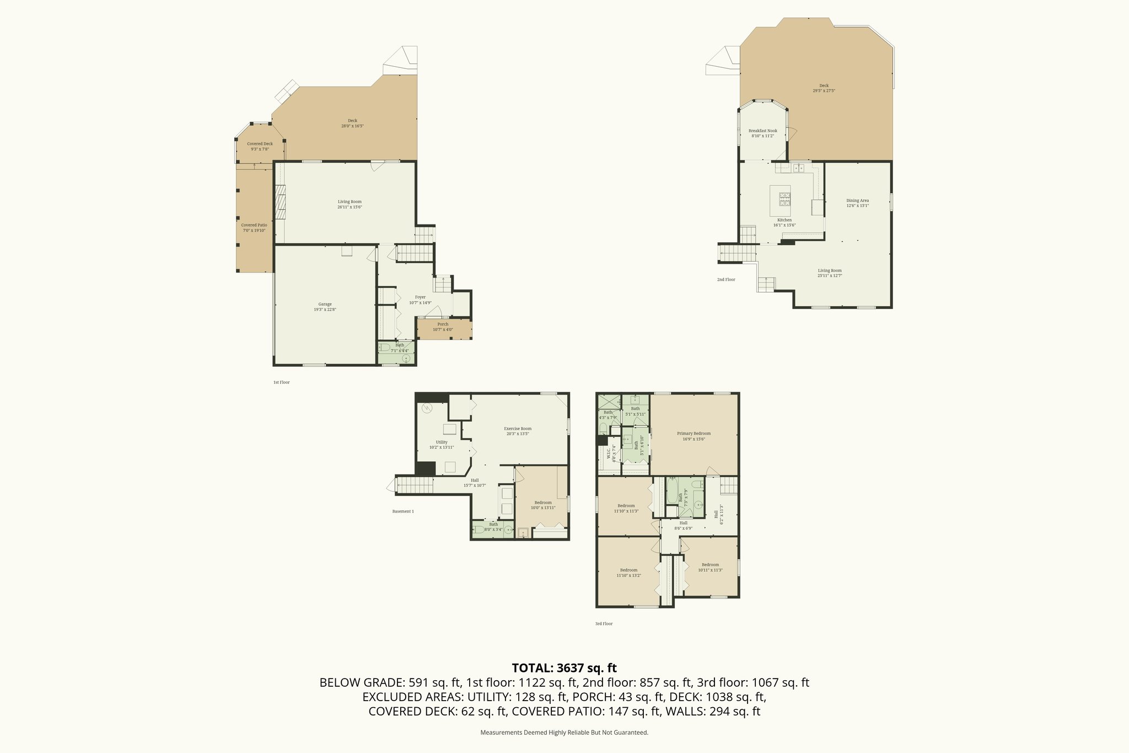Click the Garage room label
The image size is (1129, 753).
[325, 304]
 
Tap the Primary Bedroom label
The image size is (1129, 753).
[693, 434]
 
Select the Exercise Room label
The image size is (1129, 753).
[518, 429]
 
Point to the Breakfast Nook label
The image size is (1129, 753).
[763, 131]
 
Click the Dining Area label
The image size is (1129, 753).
[857, 200]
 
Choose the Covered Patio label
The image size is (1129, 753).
[254, 225]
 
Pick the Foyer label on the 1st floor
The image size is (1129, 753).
[420, 297]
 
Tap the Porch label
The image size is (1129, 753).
[443, 324]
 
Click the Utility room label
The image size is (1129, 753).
[442, 442]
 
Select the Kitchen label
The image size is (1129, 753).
[784, 220]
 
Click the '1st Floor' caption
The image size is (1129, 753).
[281, 382]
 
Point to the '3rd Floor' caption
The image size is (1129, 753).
[604, 624]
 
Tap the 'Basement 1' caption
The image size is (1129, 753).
[403, 511]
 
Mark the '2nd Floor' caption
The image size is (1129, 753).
[726, 280]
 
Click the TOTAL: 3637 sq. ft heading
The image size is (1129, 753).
[564, 668]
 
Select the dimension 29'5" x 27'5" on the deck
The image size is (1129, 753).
[824, 90]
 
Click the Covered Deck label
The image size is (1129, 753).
[260, 144]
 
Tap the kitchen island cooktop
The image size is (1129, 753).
[784, 198]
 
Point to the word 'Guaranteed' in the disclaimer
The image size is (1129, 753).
[633, 733]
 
